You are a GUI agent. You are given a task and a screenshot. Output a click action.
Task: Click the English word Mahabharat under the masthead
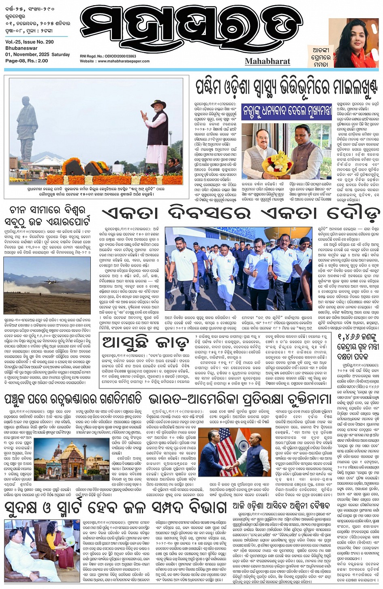point(267,61)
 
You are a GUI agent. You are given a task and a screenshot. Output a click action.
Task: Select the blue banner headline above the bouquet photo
point(287,110)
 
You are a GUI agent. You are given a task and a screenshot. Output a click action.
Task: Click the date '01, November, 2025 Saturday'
point(37,54)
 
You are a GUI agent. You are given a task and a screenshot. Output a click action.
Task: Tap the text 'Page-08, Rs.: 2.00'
point(27,61)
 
